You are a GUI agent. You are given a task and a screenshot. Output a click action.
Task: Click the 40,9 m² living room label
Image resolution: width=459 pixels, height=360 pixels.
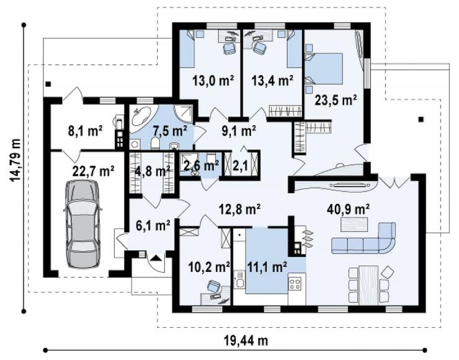[348, 209]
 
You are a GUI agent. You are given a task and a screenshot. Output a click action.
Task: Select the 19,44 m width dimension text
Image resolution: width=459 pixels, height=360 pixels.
[246, 340]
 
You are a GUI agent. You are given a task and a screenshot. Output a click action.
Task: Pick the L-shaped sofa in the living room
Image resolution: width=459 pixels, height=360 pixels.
[363, 238]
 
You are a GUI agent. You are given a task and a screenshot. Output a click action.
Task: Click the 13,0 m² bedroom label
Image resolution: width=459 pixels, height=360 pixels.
[213, 80]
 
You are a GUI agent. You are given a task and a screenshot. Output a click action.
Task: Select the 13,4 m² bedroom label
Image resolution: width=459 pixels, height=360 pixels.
[273, 80]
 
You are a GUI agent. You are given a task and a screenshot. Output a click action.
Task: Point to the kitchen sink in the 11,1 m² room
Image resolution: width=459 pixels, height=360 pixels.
[240, 280]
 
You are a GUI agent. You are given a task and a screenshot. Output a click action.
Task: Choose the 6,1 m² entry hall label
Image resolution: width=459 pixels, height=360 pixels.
[153, 226]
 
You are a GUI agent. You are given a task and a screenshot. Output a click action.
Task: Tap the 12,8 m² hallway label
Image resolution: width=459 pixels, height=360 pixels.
[240, 209]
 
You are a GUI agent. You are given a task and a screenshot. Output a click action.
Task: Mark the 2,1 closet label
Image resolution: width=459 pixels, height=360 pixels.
[240, 166]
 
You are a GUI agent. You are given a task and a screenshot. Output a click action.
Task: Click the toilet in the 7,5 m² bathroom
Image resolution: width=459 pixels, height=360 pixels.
[155, 143]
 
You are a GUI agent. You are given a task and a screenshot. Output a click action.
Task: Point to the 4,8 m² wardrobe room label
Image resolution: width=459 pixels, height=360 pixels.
[153, 171]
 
